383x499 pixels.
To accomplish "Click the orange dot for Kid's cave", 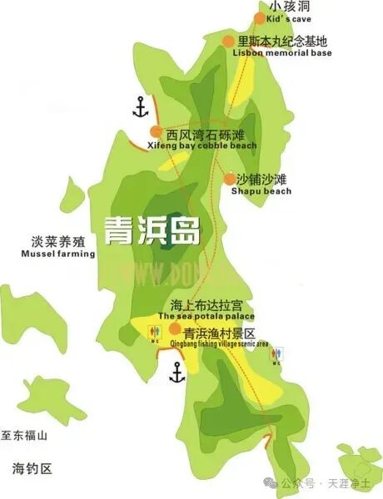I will [260, 18].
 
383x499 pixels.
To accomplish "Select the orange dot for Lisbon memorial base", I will [228, 40].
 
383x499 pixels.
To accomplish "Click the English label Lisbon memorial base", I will [283, 53].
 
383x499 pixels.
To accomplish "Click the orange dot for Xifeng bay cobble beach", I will [156, 131].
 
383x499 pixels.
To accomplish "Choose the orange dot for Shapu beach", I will [230, 178].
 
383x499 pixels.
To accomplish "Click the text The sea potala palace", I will [206, 316].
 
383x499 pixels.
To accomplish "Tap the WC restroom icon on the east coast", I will [276, 355].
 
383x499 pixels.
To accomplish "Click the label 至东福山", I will [25, 436].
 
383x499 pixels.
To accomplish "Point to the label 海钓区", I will [32, 468].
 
